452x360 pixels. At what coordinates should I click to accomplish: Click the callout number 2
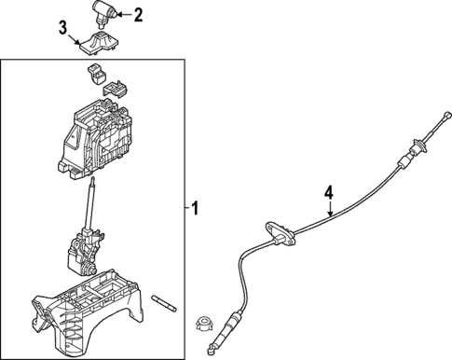tap(138, 14)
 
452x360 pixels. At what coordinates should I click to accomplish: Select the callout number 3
tap(63, 30)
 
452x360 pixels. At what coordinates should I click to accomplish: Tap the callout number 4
tap(328, 194)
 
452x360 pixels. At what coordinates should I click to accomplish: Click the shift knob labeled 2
tap(102, 16)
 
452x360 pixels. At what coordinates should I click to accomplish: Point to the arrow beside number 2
tap(122, 14)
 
